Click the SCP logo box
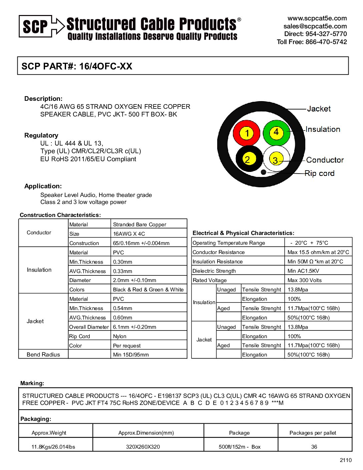click(35, 26)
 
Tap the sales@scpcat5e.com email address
click(315, 26)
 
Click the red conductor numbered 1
click(247, 133)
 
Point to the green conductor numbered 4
click(276, 132)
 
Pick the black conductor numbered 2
click(249, 159)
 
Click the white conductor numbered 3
click(276, 160)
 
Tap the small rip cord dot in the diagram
click(264, 172)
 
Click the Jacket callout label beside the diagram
click(319, 109)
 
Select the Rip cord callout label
click(319, 173)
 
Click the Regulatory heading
click(41, 135)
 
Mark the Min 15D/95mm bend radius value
click(131, 355)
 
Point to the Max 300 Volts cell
click(305, 280)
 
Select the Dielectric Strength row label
click(214, 271)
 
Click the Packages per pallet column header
click(313, 433)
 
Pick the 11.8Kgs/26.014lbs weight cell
click(53, 447)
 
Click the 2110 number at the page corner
click(346, 460)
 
